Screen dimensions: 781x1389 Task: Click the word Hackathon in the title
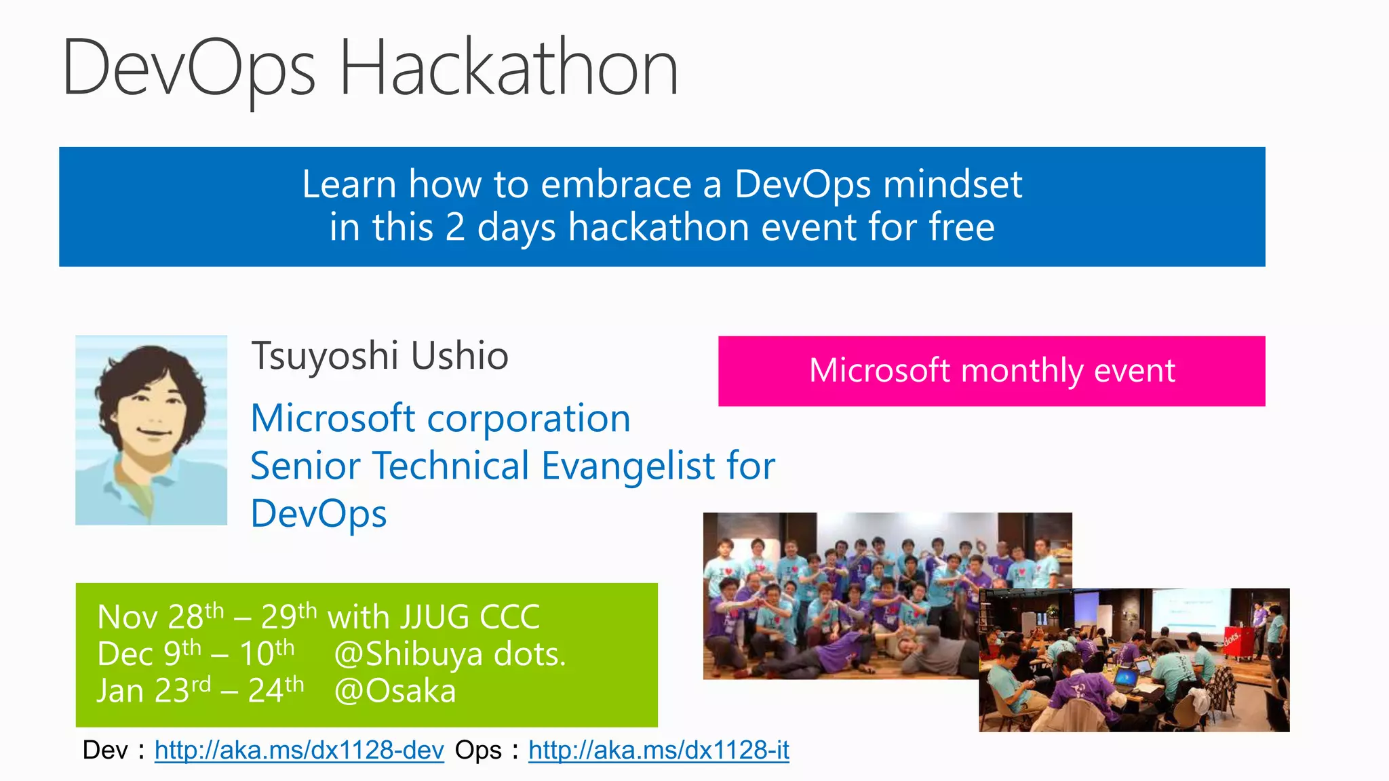[509, 68]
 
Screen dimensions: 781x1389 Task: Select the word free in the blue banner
[961, 227]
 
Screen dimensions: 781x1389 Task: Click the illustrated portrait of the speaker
[151, 430]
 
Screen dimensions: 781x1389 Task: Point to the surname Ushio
[459, 356]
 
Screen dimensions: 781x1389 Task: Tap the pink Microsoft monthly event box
[991, 371]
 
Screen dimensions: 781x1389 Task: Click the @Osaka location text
[395, 692]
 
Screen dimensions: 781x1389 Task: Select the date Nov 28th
[160, 617]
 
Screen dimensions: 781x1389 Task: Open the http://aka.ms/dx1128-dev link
[299, 750]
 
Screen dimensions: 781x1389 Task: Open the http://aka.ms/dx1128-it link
[659, 750]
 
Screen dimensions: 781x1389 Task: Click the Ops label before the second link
[478, 750]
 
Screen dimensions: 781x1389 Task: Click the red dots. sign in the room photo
[1232, 639]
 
